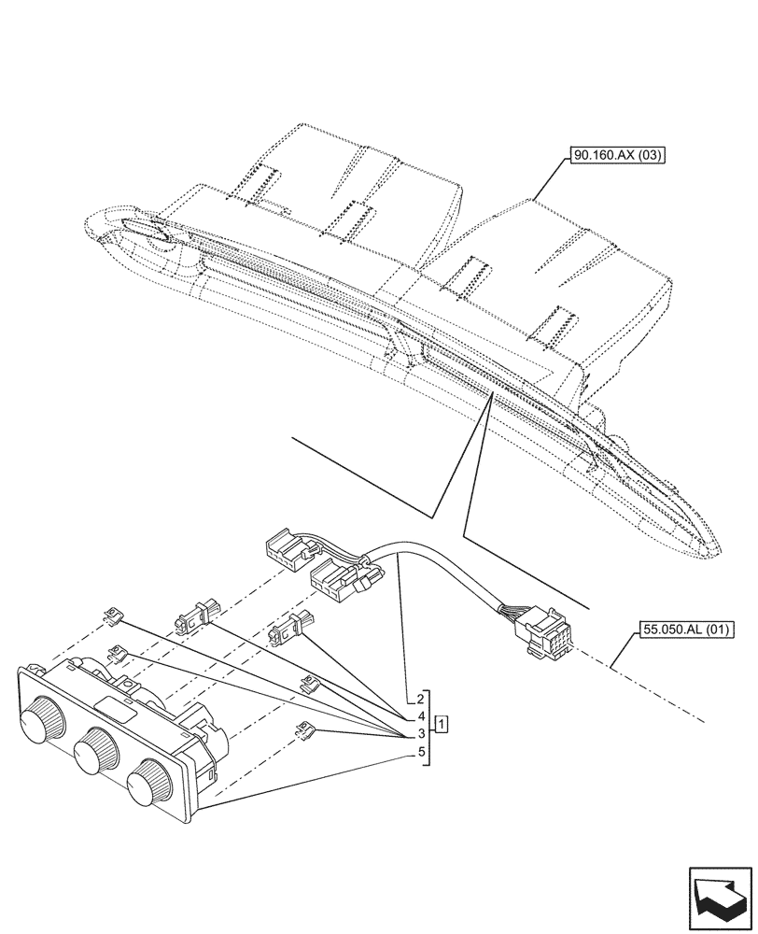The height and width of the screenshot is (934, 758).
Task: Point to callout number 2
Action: tap(422, 699)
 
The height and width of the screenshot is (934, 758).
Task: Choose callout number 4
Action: tap(422, 716)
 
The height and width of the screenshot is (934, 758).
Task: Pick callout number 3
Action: tap(422, 734)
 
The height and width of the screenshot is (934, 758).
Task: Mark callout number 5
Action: tap(422, 752)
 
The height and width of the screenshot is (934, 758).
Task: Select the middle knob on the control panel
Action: tap(94, 751)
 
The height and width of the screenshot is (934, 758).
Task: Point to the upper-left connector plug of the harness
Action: tap(287, 548)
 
